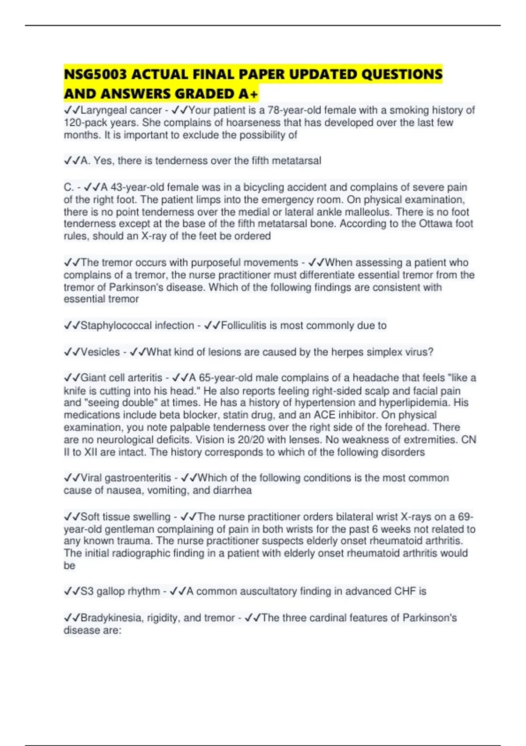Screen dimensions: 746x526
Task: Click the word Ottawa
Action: point(436,224)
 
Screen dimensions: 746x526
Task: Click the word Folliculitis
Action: point(244,326)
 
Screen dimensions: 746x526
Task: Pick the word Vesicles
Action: point(100,352)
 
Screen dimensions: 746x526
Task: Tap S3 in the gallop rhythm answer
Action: point(87,592)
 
